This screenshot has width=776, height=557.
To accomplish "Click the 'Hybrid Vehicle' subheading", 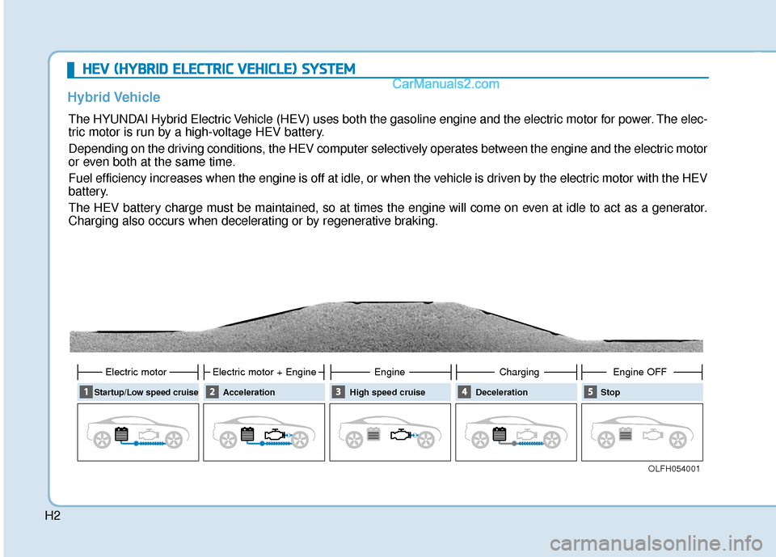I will click(113, 97).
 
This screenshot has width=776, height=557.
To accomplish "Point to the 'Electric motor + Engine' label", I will click(264, 372).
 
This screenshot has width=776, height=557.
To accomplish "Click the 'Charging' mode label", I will click(519, 372).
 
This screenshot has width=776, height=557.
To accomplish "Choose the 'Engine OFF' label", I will click(640, 372).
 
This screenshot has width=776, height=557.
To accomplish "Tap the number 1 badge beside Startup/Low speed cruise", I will click(85, 392).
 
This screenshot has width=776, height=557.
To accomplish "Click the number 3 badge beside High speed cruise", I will click(337, 392).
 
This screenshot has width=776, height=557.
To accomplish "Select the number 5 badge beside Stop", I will click(589, 392).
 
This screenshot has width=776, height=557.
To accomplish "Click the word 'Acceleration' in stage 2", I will click(249, 392).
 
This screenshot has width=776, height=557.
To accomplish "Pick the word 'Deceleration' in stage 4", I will click(502, 392).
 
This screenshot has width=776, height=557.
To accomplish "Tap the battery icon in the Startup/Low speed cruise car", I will click(121, 434).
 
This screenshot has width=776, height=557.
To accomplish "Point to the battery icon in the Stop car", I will click(625, 434).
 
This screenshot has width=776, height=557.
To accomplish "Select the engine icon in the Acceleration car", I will click(274, 434).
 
